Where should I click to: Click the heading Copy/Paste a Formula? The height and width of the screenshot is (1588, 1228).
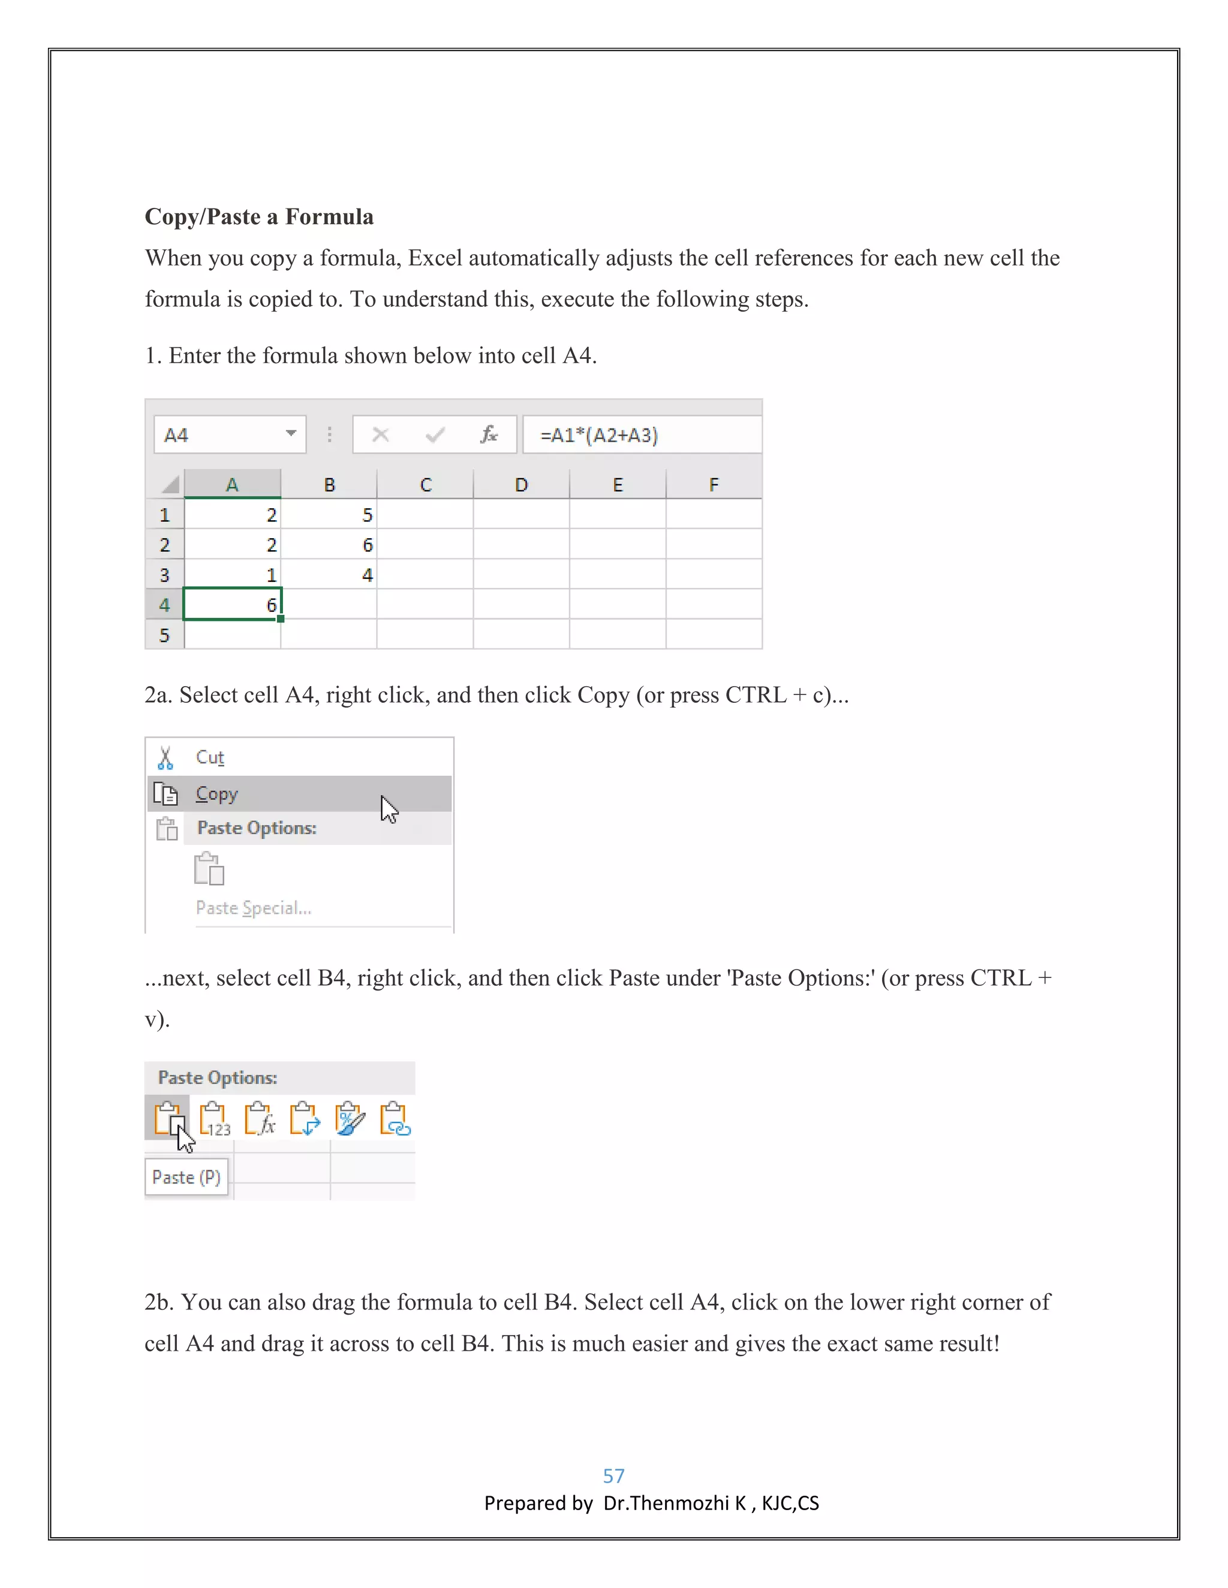coord(259,217)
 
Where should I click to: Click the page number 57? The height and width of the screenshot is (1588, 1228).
coord(613,1475)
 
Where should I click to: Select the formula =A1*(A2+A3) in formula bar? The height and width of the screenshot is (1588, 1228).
coord(599,435)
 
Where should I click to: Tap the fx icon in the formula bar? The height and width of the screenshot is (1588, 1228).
coord(489,435)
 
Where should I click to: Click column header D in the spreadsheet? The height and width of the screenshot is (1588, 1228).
coord(521,485)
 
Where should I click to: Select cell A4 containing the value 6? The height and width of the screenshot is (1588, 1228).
coord(233,604)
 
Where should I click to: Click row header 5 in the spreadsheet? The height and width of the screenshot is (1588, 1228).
coord(164,635)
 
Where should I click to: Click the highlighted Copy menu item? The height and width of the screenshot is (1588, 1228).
coord(217,793)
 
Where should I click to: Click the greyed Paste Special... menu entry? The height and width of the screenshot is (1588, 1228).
coord(253,907)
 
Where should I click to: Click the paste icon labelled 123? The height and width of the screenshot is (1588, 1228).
coord(215,1118)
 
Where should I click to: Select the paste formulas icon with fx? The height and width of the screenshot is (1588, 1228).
coord(260,1118)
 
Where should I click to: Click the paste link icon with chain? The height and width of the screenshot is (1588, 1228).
coord(395,1118)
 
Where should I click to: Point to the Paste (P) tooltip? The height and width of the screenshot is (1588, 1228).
coord(186,1176)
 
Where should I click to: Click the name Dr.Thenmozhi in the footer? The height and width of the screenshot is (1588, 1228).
coord(666,1503)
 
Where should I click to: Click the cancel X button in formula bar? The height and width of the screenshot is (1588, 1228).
coord(381,435)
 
